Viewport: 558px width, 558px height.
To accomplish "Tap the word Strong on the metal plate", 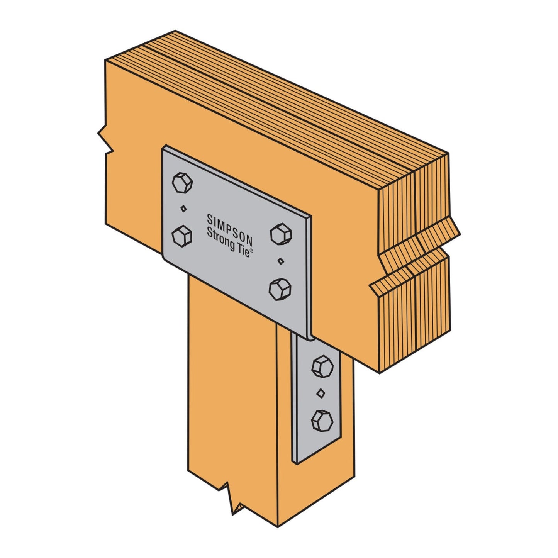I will [221, 238].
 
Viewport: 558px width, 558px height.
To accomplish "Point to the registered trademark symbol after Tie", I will [251, 251].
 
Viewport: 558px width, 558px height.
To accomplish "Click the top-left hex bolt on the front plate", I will [182, 183].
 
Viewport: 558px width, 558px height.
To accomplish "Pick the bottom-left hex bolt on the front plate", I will [181, 236].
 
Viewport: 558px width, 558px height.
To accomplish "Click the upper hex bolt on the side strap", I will [322, 365].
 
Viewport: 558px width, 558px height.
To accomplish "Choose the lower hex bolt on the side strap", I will [322, 420].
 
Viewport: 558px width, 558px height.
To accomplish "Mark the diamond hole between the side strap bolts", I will [321, 393].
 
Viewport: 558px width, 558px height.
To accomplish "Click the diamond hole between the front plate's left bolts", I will [183, 209].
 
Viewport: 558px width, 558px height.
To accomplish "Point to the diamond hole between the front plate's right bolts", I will [281, 261].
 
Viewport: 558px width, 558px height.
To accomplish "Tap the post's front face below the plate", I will [232, 386].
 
